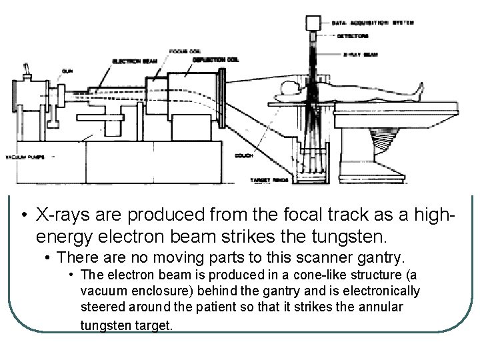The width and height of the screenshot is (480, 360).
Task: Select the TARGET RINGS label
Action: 267,180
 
